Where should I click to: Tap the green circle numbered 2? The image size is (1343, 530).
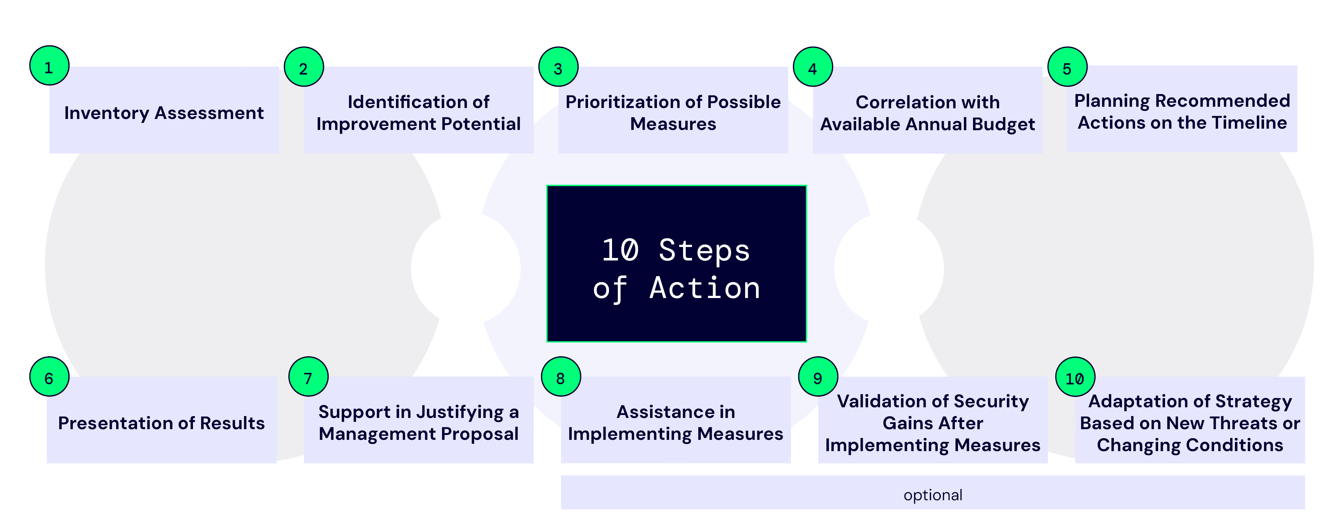click(x=304, y=67)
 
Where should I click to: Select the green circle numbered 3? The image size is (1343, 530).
click(x=558, y=67)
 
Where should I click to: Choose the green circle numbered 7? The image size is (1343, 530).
click(x=308, y=377)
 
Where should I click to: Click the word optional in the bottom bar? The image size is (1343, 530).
click(x=933, y=495)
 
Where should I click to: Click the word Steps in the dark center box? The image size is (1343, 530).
click(x=704, y=251)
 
